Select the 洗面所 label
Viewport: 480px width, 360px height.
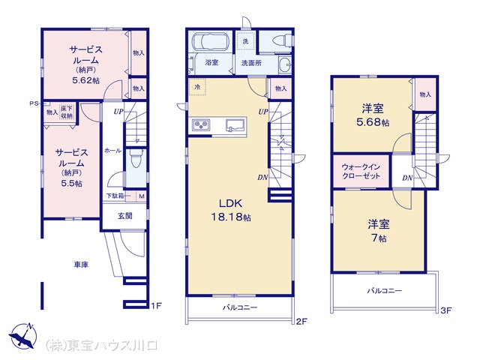pos(251,63)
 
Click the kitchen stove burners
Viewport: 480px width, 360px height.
pos(202,125)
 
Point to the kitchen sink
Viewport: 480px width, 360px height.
pos(232,125)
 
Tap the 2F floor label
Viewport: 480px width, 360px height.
pos(301,322)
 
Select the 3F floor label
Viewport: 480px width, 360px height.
pos(446,309)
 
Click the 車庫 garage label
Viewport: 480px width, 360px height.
pos(82,265)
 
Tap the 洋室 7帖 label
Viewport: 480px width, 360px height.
pos(376,230)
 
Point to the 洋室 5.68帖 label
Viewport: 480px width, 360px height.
pos(373,115)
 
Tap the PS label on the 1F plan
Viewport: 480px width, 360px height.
pos(34,103)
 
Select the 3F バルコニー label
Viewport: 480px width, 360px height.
pos(384,289)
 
